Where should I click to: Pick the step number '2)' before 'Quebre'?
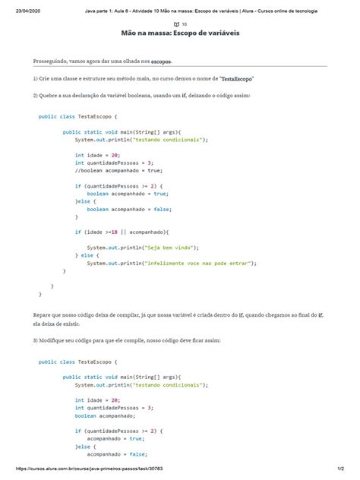36,96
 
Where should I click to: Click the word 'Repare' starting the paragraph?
43,313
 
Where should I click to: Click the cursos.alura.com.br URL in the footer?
81,472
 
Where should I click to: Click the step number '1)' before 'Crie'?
36,78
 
